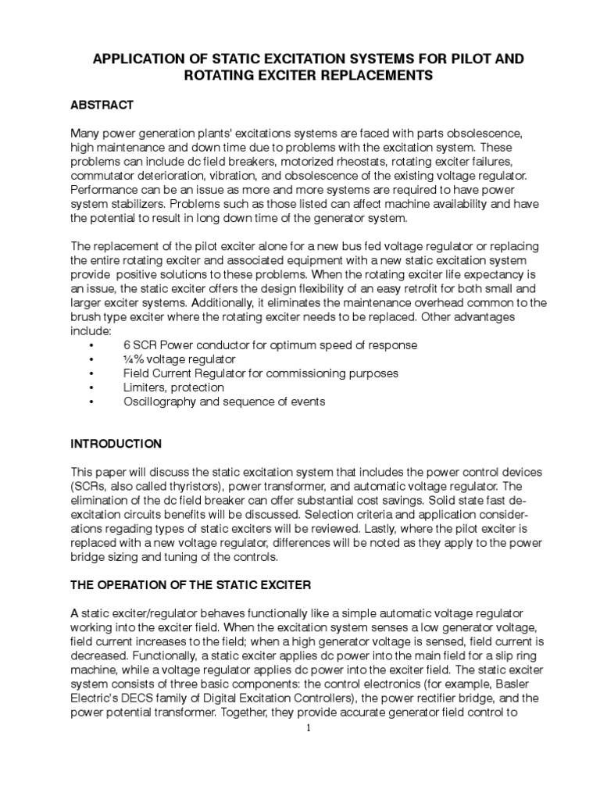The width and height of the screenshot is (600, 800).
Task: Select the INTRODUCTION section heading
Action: point(116,444)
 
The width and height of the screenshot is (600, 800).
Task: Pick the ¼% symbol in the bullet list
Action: point(134,359)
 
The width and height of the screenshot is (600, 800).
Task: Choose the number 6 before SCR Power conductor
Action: point(127,345)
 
